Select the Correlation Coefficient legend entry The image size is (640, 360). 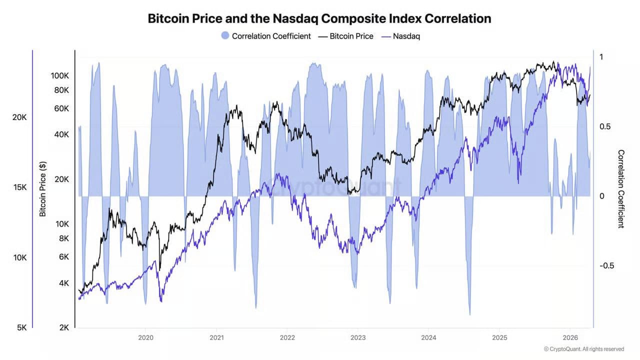point(271,36)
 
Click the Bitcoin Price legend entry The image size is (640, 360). point(351,36)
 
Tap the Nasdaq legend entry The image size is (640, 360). point(406,36)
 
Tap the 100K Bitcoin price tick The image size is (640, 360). point(60,76)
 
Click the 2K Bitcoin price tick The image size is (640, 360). point(63,327)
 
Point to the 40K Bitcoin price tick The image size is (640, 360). point(62,134)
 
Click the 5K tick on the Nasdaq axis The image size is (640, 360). point(21,327)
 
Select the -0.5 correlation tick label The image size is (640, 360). point(606,265)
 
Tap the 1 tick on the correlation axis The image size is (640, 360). point(601,57)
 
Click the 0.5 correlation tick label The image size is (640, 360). point(605,126)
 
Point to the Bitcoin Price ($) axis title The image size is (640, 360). point(43,188)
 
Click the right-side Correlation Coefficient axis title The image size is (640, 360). point(621,188)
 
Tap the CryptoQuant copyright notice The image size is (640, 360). point(583,349)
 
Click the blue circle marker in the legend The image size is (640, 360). point(225,36)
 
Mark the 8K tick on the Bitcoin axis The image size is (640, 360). point(63,238)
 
